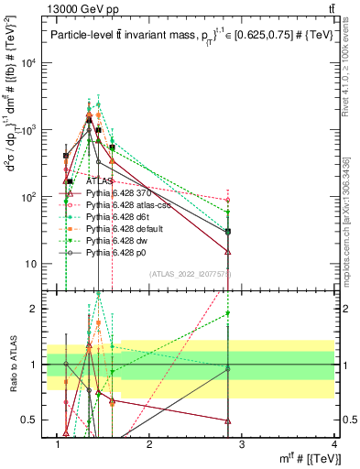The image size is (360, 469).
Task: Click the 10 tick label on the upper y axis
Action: point(36,264)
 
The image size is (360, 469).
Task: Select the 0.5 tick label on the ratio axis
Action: point(32,420)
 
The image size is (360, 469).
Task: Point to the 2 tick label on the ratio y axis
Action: point(38,309)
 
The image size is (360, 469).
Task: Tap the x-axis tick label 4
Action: point(335,445)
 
